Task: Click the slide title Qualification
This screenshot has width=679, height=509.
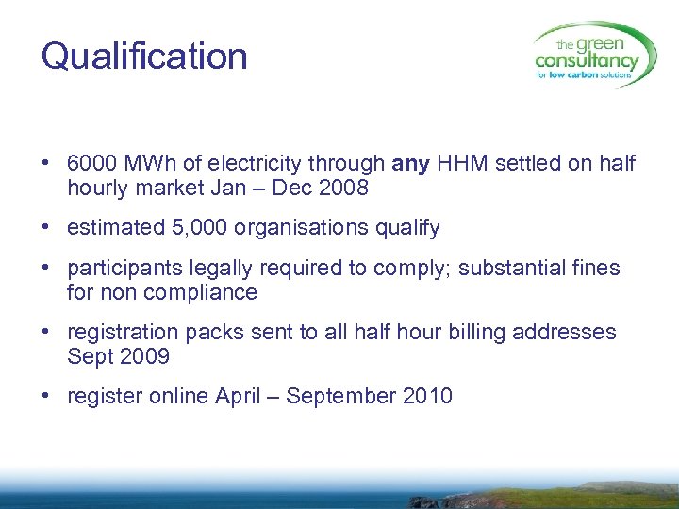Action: coord(144,57)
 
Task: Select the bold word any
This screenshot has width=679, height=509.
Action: coord(410,164)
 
